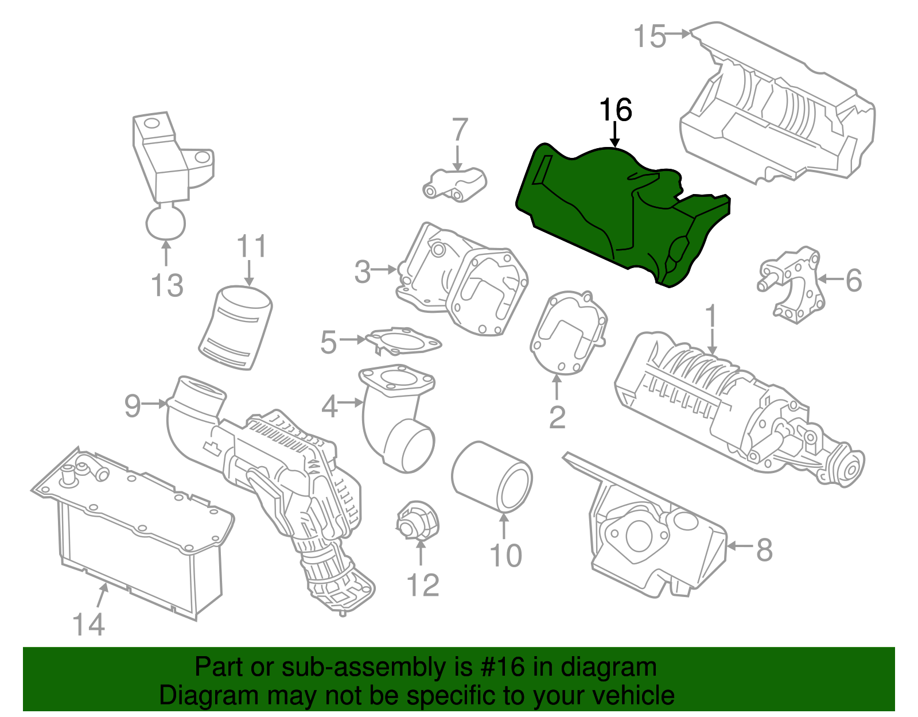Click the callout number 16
615,110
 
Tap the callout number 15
649,36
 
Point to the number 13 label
167,285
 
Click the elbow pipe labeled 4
396,419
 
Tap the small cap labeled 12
418,520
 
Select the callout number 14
89,625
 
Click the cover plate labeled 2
568,333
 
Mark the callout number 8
764,549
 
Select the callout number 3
362,272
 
